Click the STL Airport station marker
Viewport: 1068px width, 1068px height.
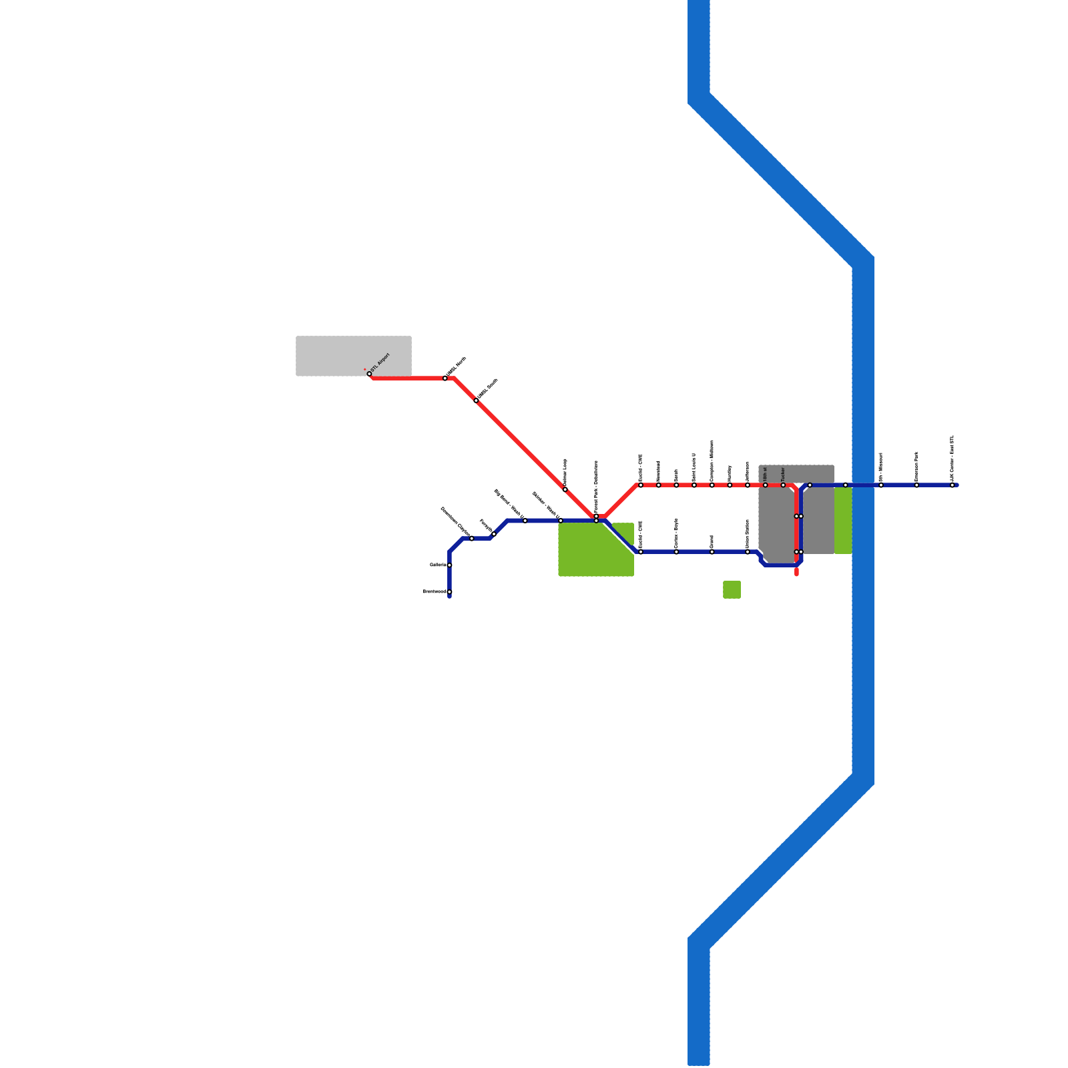(x=369, y=374)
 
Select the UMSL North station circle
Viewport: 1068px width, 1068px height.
(x=445, y=378)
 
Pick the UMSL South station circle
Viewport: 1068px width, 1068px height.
(x=476, y=400)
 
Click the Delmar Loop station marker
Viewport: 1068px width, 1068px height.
(x=565, y=489)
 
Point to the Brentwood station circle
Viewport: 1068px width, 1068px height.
(x=449, y=592)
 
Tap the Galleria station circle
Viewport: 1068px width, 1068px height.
(x=449, y=565)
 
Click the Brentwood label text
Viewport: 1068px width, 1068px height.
(x=434, y=591)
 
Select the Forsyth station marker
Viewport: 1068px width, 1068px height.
(x=493, y=534)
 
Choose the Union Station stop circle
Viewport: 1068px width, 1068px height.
(x=748, y=552)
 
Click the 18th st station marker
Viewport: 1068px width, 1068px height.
(x=766, y=485)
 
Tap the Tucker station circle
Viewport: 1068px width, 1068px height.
(x=783, y=485)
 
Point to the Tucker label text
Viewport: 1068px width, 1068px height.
(x=783, y=473)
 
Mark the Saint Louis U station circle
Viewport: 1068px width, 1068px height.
(x=694, y=485)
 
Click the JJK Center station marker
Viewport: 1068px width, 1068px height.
(x=953, y=485)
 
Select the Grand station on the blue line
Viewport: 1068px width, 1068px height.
(x=712, y=552)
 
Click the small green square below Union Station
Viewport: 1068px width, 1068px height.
(x=732, y=589)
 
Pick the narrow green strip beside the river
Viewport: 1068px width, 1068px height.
(x=843, y=521)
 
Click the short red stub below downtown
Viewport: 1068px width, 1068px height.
(x=797, y=571)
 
